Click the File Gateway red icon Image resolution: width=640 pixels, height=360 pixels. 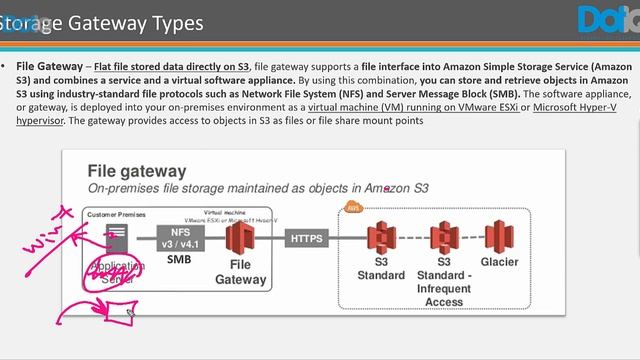[239, 240]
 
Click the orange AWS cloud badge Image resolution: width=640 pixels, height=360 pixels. [352, 207]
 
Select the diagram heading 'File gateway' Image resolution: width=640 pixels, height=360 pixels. [137, 171]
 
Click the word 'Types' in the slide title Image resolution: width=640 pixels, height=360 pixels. [173, 22]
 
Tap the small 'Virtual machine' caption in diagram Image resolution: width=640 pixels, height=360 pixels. [226, 212]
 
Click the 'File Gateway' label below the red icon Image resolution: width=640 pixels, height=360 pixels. [240, 272]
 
